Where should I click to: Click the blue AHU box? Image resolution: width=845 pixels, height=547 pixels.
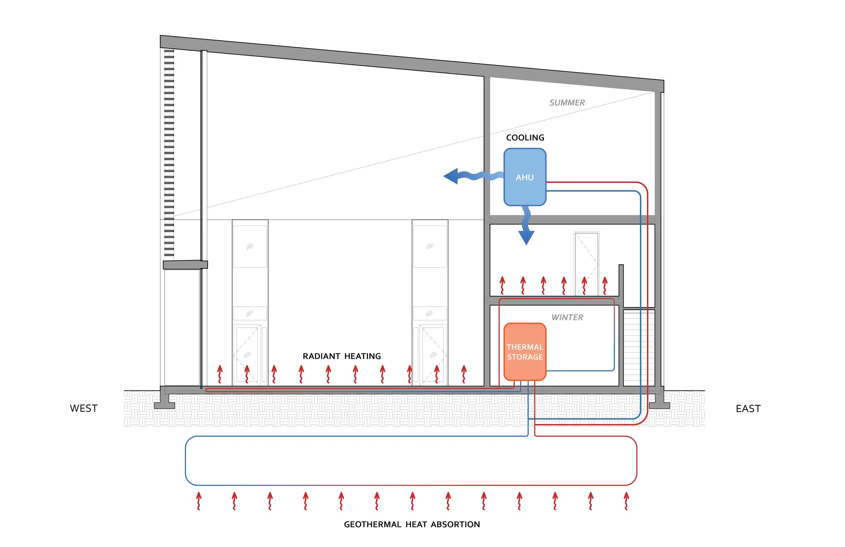pyautogui.click(x=525, y=177)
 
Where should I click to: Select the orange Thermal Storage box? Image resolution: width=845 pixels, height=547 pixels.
pyautogui.click(x=525, y=352)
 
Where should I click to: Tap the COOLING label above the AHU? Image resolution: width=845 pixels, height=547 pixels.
pyautogui.click(x=525, y=138)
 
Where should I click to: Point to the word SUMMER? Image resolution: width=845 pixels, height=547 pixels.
pyautogui.click(x=567, y=103)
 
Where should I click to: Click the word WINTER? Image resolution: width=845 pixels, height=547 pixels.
pyautogui.click(x=567, y=317)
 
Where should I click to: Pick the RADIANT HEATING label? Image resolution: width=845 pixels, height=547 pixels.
pyautogui.click(x=342, y=356)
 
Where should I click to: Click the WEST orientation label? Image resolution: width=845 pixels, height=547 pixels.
pyautogui.click(x=84, y=408)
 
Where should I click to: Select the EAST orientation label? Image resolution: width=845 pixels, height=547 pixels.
pyautogui.click(x=748, y=408)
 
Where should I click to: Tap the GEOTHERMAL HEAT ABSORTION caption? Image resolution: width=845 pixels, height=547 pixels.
pyautogui.click(x=412, y=524)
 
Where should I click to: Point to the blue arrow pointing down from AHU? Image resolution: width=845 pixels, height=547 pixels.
pyautogui.click(x=526, y=231)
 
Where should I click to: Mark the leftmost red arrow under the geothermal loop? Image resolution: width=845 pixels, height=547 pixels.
pyautogui.click(x=199, y=501)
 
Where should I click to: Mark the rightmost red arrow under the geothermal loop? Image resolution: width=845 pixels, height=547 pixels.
pyautogui.click(x=626, y=501)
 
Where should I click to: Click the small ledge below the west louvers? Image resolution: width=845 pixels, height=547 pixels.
pyautogui.click(x=185, y=265)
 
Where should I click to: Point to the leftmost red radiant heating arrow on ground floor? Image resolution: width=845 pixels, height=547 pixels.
pyautogui.click(x=220, y=374)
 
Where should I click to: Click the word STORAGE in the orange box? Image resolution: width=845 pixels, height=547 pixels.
pyautogui.click(x=525, y=357)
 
